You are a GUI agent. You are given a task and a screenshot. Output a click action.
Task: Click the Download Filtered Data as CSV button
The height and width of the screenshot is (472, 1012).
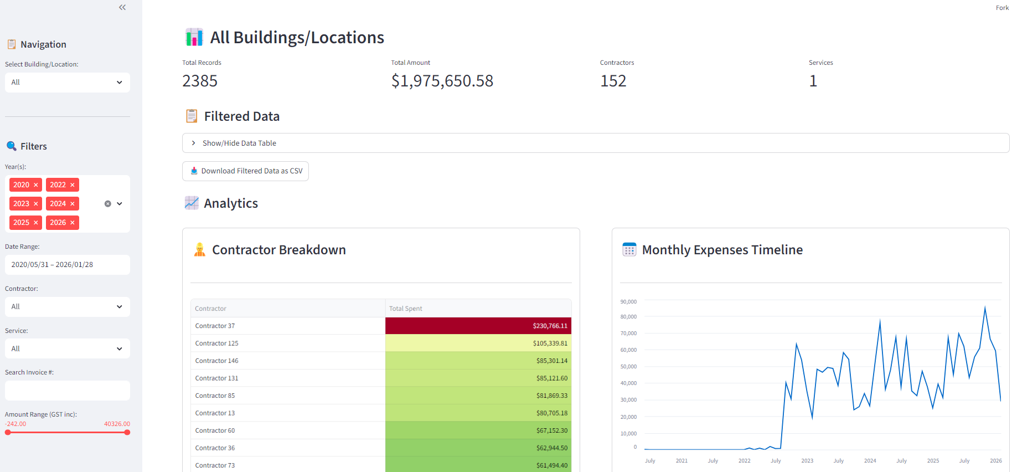(246, 171)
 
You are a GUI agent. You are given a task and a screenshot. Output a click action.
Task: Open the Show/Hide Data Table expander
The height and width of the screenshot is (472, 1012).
(239, 143)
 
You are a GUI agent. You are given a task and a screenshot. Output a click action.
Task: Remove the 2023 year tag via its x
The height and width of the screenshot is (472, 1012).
(36, 204)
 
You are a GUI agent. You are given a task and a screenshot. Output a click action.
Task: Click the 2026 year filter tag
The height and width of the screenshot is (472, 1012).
(58, 223)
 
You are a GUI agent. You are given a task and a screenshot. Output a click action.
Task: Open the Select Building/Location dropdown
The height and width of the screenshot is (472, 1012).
(67, 83)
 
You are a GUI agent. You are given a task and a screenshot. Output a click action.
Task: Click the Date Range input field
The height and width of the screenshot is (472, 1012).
(67, 265)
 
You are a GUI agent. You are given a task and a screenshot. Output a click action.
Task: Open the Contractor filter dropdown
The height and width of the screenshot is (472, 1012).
(67, 307)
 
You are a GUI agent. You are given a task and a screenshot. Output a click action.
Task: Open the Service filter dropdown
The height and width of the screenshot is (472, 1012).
(67, 349)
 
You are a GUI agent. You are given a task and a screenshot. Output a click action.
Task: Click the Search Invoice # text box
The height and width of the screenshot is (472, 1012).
(67, 391)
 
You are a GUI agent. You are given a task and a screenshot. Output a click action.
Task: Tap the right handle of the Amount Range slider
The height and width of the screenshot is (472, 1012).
(127, 433)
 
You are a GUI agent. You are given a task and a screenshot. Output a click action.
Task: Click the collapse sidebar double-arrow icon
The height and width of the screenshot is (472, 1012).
(122, 7)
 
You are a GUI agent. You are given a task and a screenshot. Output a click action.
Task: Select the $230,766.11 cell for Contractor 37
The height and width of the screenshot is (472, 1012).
(478, 326)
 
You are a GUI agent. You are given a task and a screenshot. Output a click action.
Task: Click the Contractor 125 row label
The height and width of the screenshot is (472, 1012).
(216, 343)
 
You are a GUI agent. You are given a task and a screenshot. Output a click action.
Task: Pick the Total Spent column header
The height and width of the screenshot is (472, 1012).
(405, 309)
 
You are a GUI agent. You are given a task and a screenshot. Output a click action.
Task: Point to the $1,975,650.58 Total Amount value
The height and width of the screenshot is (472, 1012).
(442, 81)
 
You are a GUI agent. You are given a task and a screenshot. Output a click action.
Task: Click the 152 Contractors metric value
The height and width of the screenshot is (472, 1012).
(613, 81)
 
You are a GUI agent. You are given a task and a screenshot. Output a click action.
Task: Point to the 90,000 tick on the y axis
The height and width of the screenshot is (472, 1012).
(628, 302)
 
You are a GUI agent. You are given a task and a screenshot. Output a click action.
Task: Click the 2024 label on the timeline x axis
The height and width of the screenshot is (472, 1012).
(870, 461)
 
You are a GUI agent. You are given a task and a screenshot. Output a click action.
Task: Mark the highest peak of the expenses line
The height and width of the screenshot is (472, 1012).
(985, 307)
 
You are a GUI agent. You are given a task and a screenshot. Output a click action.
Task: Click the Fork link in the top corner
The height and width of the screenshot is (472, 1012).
(1002, 8)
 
